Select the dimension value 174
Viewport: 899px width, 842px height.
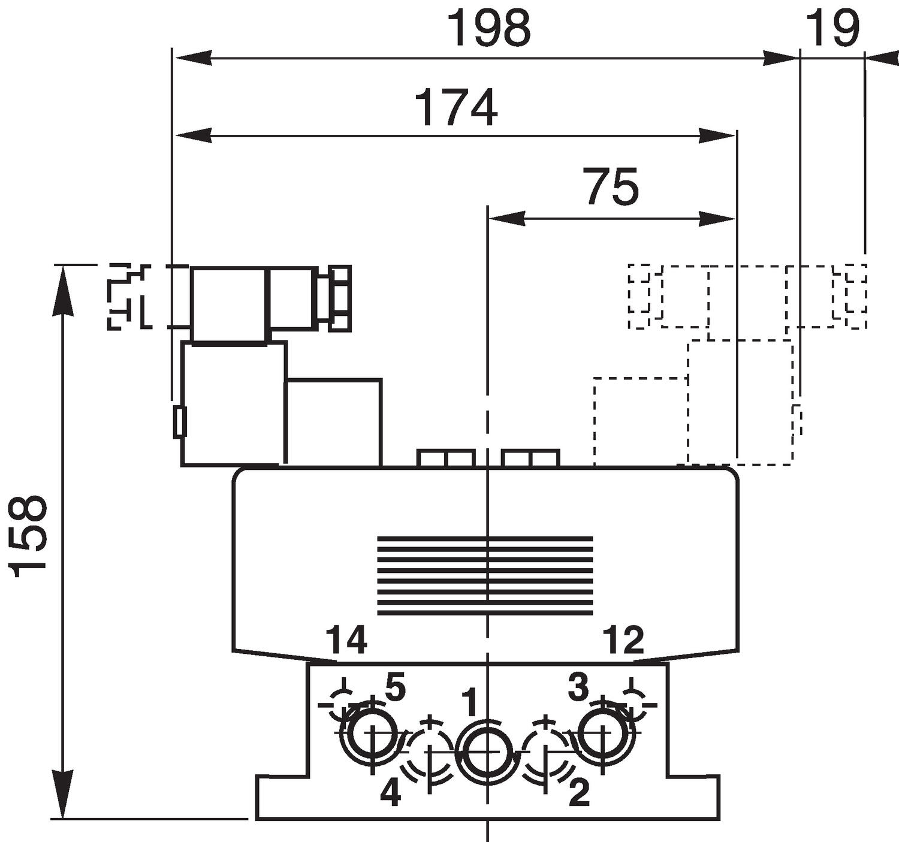point(455,108)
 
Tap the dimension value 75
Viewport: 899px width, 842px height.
point(611,187)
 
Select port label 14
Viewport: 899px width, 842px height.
point(346,640)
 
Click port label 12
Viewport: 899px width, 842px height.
point(623,640)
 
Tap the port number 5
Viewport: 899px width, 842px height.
point(394,687)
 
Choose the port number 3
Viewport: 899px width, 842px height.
point(578,687)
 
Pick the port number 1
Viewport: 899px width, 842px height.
point(471,703)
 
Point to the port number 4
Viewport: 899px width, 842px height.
point(390,794)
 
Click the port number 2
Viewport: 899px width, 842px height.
point(578,794)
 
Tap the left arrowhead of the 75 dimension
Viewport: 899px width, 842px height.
point(506,219)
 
